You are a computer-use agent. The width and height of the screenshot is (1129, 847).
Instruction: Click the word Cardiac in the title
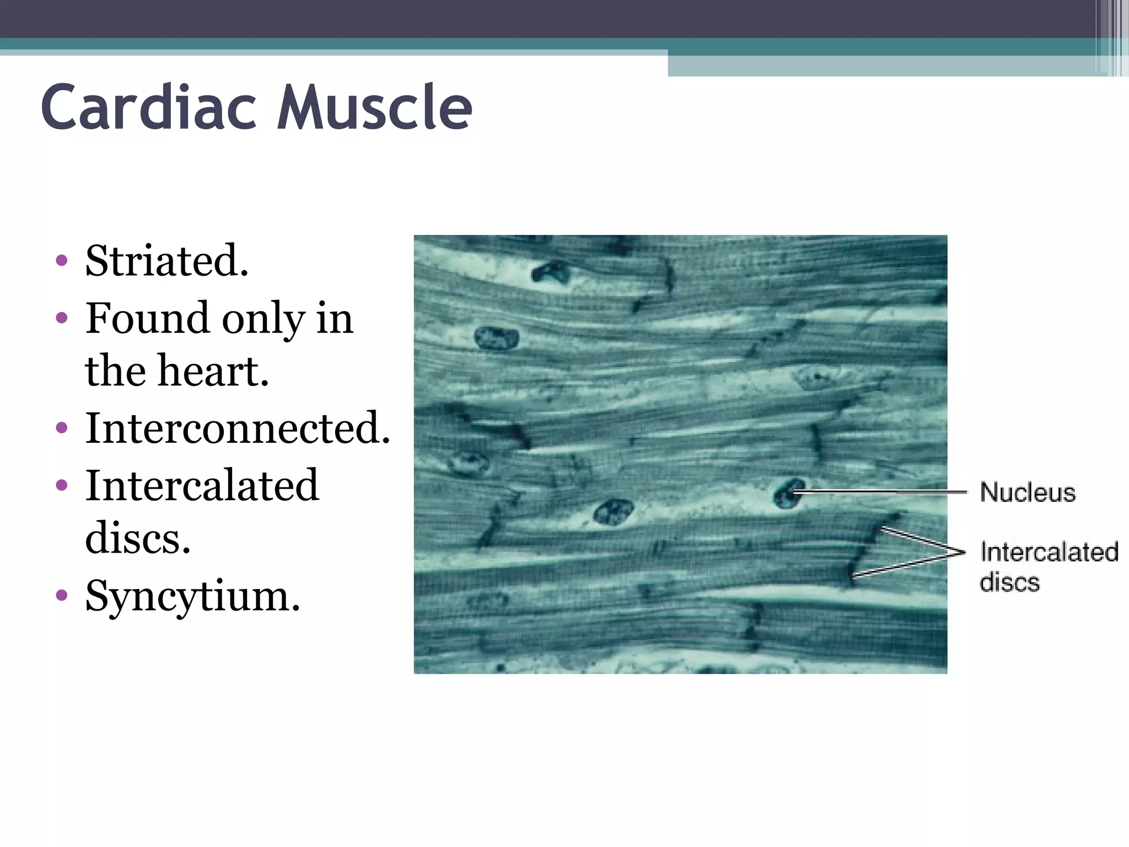149,108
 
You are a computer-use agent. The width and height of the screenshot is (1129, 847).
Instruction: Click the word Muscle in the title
375,108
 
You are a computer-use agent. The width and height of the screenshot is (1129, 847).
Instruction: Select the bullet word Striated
166,260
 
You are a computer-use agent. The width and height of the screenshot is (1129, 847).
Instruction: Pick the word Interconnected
238,428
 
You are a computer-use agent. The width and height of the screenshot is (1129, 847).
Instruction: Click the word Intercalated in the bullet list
202,485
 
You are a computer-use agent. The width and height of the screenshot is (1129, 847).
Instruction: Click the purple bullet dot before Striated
62,260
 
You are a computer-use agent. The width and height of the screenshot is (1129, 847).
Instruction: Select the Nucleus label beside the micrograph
1028,492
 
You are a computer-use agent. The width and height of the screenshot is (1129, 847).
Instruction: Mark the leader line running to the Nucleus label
882,491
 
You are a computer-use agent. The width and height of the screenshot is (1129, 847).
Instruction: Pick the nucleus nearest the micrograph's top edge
550,272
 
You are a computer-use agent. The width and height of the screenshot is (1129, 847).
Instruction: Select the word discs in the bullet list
138,538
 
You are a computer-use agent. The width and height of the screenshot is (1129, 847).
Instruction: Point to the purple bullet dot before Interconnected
62,428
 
